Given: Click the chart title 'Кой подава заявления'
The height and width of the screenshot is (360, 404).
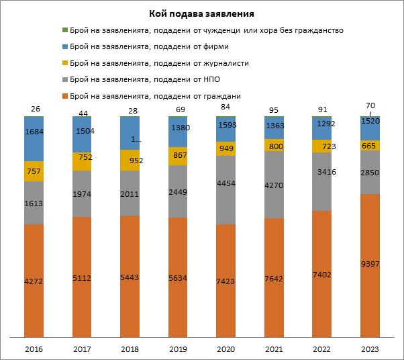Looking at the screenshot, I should tap(202, 13).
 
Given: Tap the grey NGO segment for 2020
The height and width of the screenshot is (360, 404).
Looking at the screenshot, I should tap(226, 190).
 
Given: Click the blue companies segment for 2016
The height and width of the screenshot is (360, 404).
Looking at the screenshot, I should tap(34, 139).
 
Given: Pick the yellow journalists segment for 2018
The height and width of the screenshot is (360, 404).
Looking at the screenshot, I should tap(130, 161).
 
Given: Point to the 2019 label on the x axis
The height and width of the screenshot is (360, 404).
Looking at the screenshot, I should tap(178, 349).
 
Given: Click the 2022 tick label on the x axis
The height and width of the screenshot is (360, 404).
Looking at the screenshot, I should tap(322, 349).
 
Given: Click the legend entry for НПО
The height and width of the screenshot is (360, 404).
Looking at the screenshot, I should tap(145, 79).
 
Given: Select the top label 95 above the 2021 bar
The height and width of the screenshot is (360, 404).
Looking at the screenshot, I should tap(274, 109).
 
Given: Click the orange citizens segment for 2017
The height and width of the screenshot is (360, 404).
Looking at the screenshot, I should tap(82, 275).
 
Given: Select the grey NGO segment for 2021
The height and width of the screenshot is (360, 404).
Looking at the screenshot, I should tap(274, 185).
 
